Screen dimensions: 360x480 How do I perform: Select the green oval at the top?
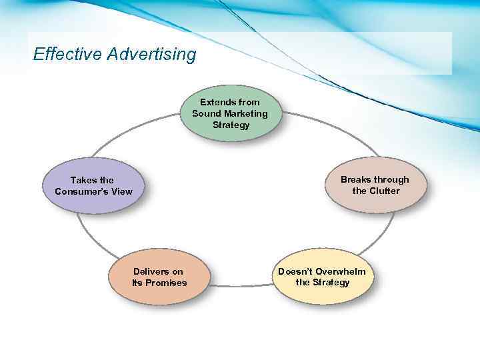tap(230, 113)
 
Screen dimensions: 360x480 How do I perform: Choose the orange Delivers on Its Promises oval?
tap(159, 277)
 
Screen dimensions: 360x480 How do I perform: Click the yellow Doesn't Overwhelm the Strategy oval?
tap(322, 277)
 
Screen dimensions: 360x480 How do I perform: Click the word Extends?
tap(217, 102)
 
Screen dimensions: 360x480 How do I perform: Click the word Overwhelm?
tap(341, 271)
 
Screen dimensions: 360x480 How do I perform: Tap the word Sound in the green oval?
tap(205, 113)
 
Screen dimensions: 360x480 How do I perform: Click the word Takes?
tap(83, 180)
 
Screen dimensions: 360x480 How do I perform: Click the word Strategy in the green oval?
tap(231, 125)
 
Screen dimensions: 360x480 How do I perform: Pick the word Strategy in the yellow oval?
tap(331, 282)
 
